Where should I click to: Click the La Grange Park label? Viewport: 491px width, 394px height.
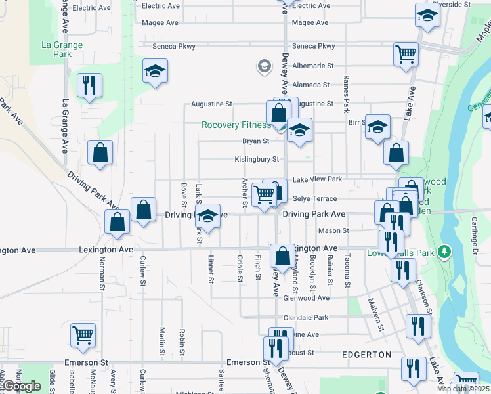(62, 49)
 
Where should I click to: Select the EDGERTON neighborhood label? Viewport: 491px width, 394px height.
(366, 355)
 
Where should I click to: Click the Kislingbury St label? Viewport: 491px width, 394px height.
(257, 159)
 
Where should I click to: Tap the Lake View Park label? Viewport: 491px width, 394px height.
(317, 179)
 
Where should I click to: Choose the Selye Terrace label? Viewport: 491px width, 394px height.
(314, 198)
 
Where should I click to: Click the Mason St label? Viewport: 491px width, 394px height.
(333, 230)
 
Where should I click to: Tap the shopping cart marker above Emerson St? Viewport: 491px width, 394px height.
(83, 335)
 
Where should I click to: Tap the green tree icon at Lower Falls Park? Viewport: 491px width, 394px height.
(445, 251)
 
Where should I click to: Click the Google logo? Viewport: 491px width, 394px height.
(21, 386)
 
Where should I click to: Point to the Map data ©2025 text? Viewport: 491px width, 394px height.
(463, 389)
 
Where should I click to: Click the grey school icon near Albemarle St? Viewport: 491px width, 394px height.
(264, 66)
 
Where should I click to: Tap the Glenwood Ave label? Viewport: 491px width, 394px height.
(306, 297)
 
